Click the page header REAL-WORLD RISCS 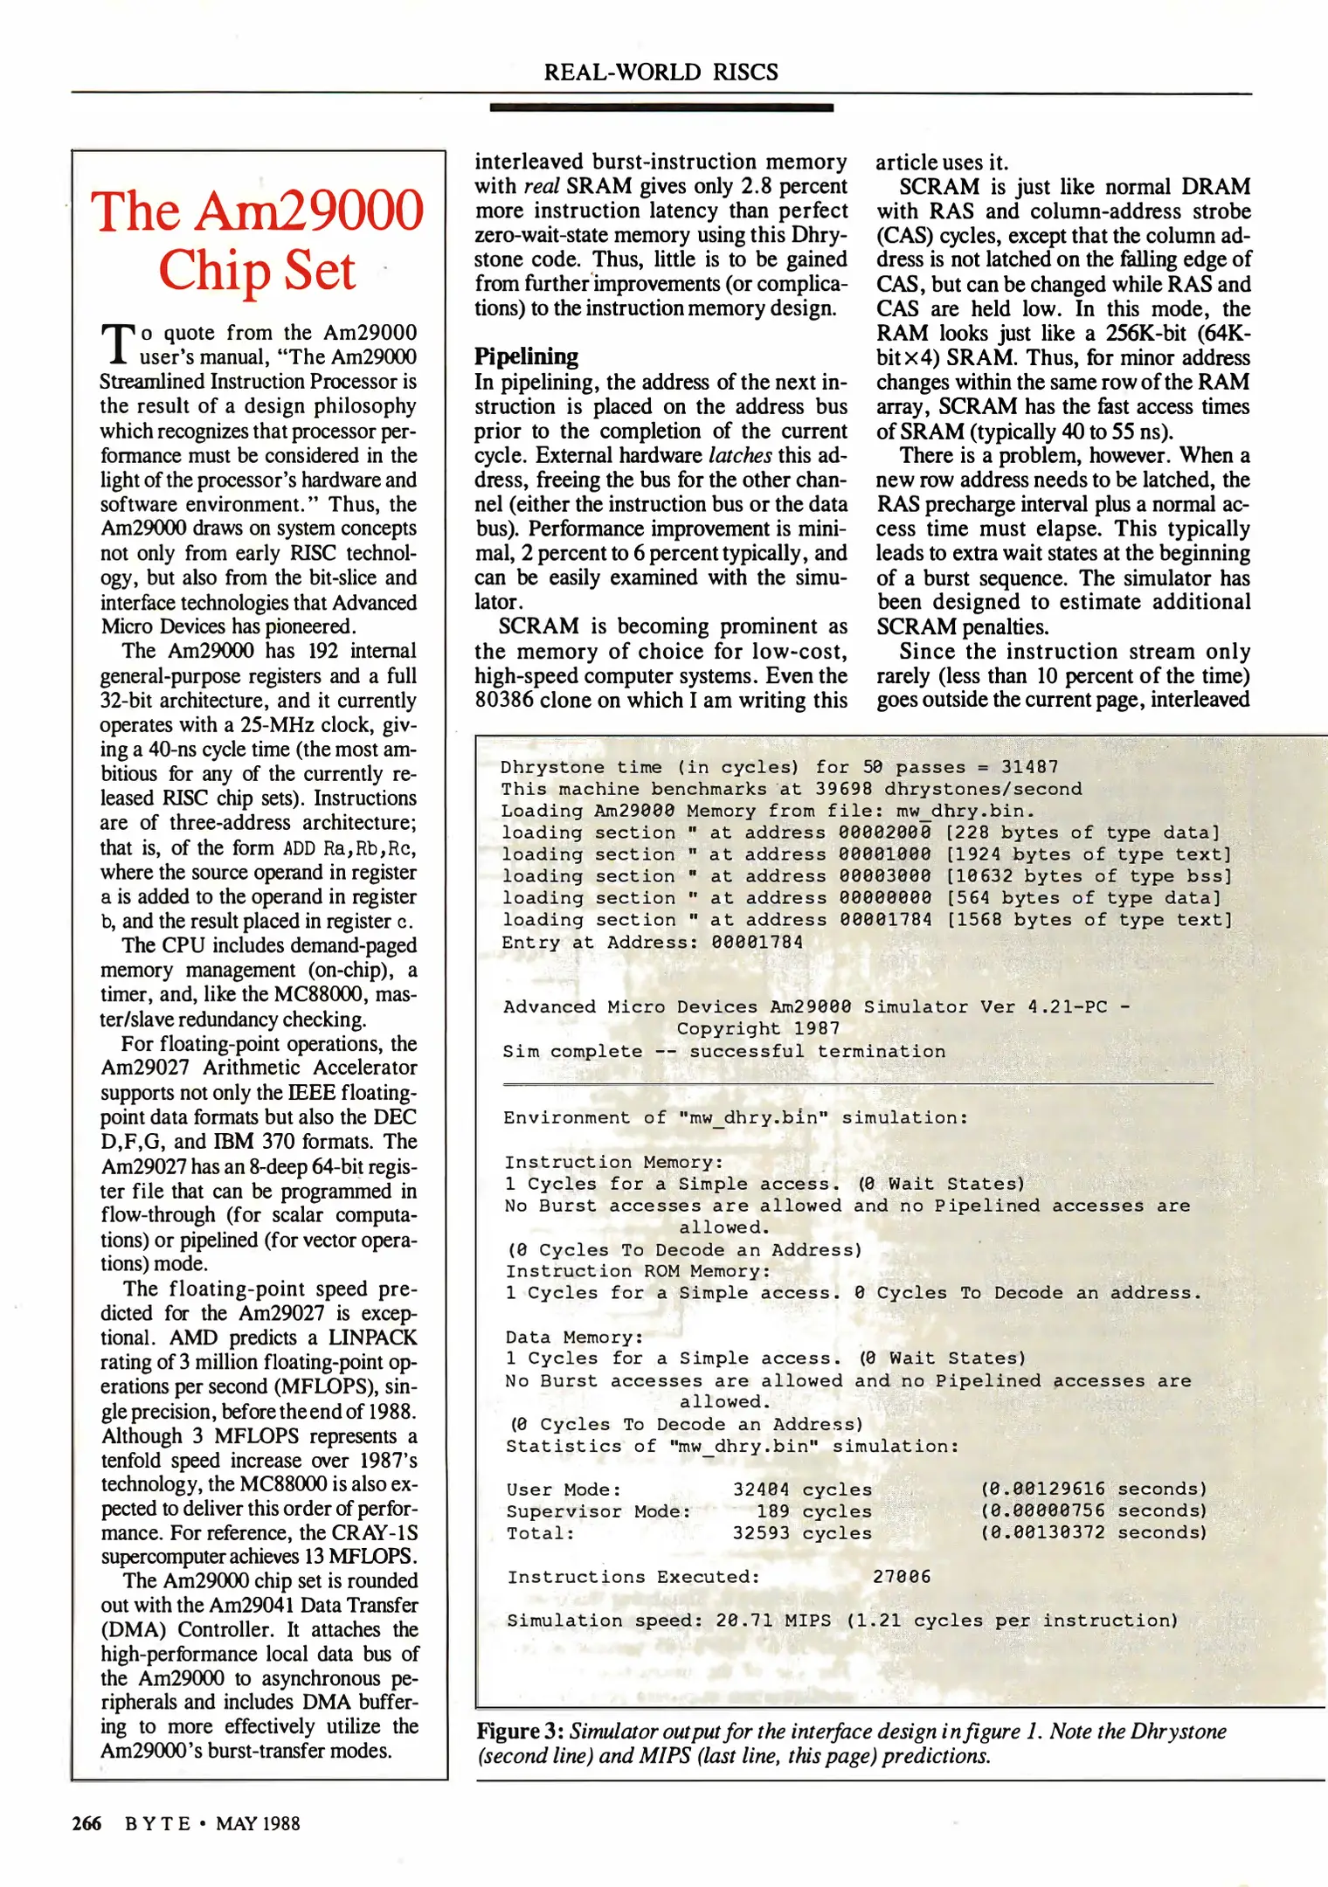pos(661,72)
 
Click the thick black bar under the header pos(661,107)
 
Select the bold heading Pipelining pos(526,356)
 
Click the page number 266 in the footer pos(86,1823)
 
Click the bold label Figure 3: pos(521,1731)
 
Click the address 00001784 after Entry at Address pos(757,943)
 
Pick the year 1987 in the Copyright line pos(816,1029)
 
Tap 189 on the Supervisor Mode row pos(772,1511)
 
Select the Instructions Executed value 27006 pos(901,1577)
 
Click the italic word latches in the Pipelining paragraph pos(739,455)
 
